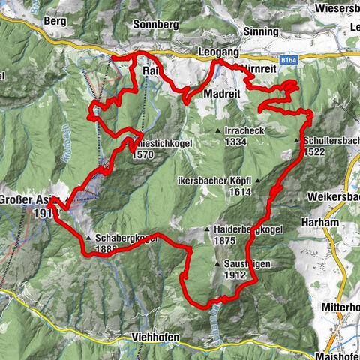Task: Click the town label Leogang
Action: pyautogui.click(x=219, y=52)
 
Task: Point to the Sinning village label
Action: pyautogui.click(x=260, y=32)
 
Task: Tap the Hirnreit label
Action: pyautogui.click(x=260, y=68)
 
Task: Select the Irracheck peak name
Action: pyautogui.click(x=246, y=130)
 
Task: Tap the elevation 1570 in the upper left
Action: pyautogui.click(x=143, y=156)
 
